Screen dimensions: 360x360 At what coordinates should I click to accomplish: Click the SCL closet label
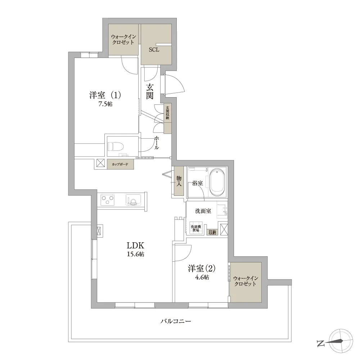pyautogui.click(x=154, y=50)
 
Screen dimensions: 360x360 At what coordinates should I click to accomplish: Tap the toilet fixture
pyautogui.click(x=116, y=147)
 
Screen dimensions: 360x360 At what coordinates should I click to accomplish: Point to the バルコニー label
pyautogui.click(x=176, y=321)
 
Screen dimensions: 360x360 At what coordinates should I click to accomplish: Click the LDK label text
pyautogui.click(x=135, y=246)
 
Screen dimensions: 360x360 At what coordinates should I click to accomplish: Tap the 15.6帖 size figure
pyautogui.click(x=135, y=254)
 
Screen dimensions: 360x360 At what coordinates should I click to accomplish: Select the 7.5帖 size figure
pyautogui.click(x=105, y=104)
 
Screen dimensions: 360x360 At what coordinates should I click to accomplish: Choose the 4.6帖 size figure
pyautogui.click(x=202, y=277)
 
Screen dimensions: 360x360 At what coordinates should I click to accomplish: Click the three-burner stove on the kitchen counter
pyautogui.click(x=107, y=199)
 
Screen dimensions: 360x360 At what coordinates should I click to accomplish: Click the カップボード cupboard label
pyautogui.click(x=120, y=165)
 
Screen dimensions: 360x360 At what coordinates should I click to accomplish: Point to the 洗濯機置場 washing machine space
pyautogui.click(x=196, y=228)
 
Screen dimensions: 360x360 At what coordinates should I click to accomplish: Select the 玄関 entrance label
pyautogui.click(x=150, y=91)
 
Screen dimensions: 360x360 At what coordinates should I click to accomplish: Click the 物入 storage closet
pyautogui.click(x=179, y=181)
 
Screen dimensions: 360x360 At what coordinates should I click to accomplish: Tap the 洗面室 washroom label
pyautogui.click(x=203, y=211)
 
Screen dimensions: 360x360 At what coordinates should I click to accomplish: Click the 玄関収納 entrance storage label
pyautogui.click(x=167, y=112)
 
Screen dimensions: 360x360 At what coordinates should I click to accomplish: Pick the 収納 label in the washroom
pyautogui.click(x=212, y=232)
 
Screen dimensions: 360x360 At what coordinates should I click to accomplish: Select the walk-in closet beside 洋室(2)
pyautogui.click(x=246, y=282)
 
